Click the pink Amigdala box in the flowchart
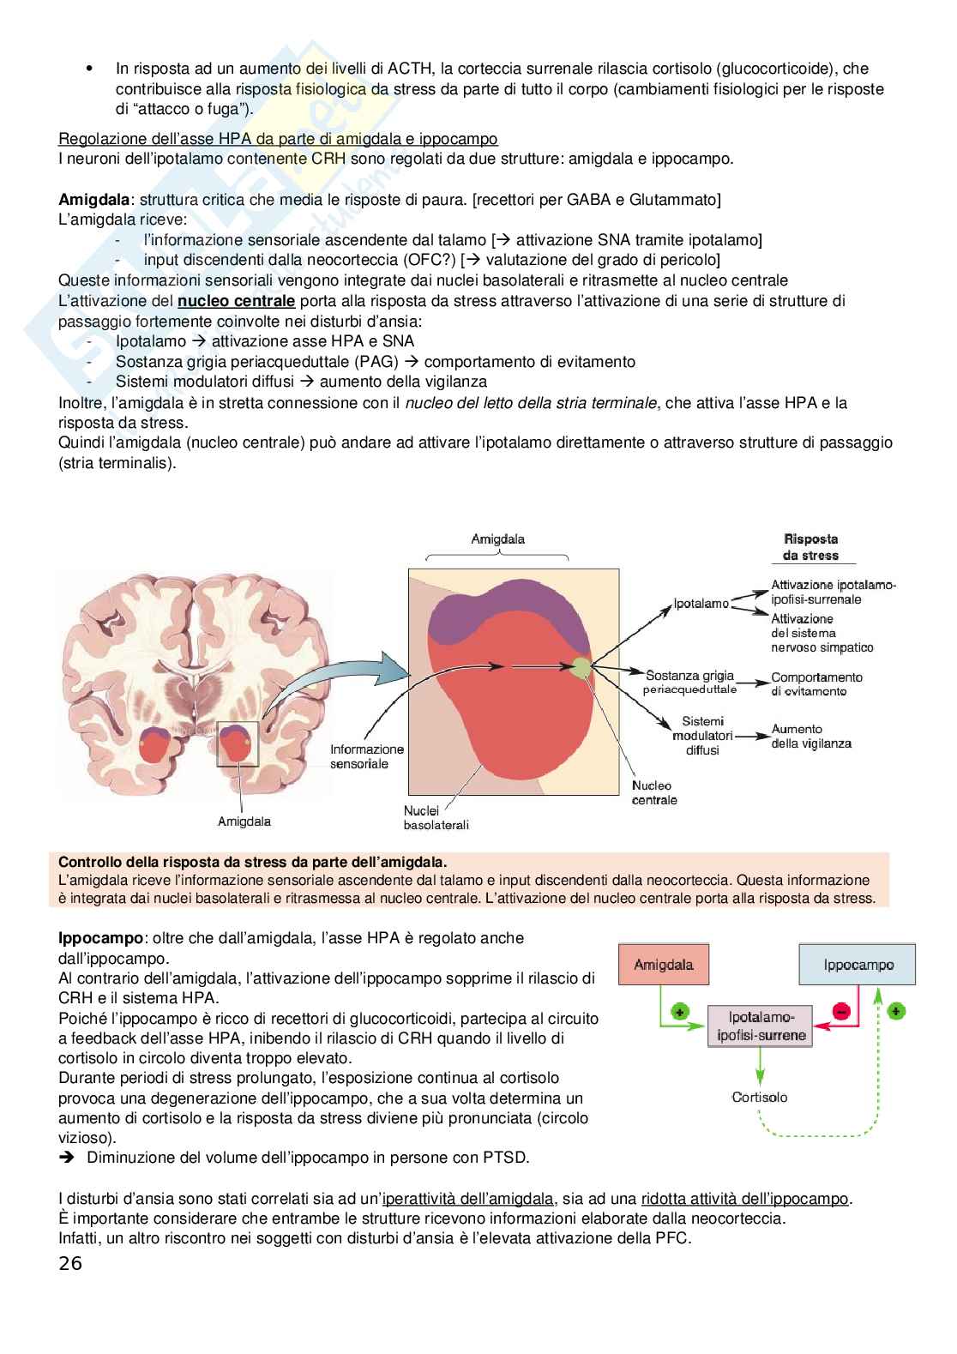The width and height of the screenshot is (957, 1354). pos(663,965)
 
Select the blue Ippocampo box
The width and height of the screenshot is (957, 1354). pos(858,965)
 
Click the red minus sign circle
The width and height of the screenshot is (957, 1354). pos(841,1012)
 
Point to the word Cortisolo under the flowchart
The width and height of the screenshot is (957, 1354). pos(759,1097)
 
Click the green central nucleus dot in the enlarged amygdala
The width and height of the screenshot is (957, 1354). pos(581,666)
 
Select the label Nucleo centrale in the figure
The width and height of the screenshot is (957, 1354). pos(653,792)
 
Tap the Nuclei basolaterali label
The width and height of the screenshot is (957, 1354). pos(436,817)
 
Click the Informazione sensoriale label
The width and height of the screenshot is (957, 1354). pos(366,756)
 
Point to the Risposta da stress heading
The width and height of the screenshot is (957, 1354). pos(810,547)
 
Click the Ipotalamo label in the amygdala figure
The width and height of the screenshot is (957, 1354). pos(701,603)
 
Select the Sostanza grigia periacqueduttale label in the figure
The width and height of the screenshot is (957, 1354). pos(690,683)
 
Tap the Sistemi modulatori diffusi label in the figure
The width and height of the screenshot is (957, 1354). pos(702,735)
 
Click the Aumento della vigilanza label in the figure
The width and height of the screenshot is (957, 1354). pos(810,736)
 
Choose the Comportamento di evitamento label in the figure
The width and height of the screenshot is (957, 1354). pos(816,683)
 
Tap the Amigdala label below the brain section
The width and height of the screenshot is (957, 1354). pos(244,821)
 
